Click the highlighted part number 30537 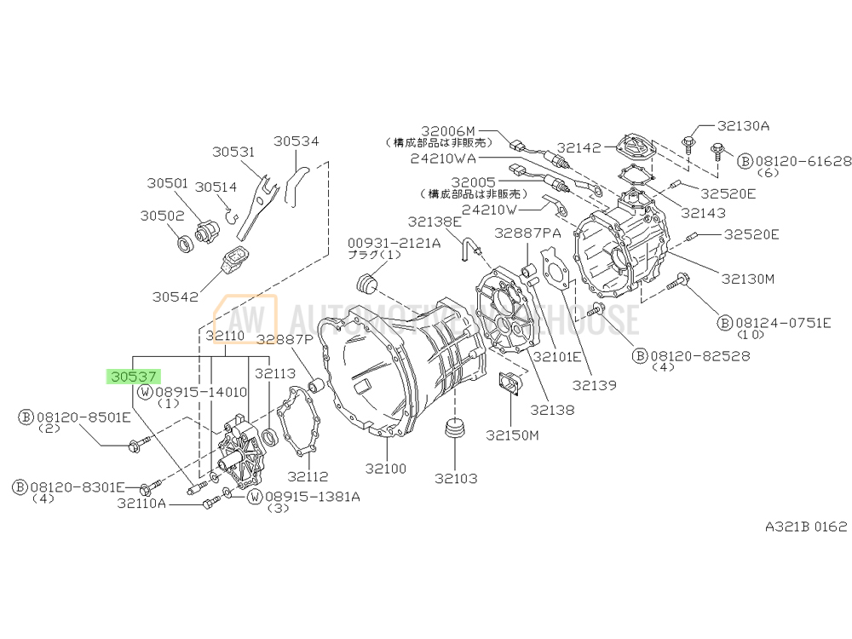click(134, 376)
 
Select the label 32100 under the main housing click(386, 469)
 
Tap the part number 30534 click(296, 141)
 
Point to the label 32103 click(457, 478)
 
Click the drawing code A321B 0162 click(805, 527)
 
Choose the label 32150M click(513, 435)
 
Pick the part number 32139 click(594, 384)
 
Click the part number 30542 click(175, 296)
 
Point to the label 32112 click(308, 476)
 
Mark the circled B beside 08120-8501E click(26, 417)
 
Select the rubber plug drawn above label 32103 click(458, 429)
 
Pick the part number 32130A click(742, 125)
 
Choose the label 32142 click(579, 146)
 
